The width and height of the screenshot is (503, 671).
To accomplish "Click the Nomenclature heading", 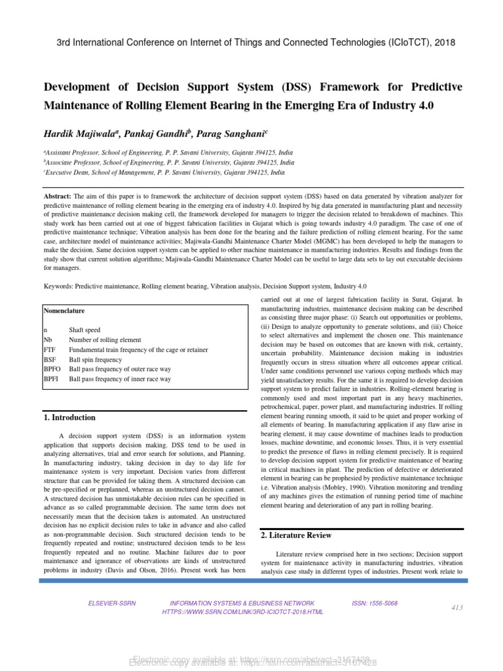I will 64,311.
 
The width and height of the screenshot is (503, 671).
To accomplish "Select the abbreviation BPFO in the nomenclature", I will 52,370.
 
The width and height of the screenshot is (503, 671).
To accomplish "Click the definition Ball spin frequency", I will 95,360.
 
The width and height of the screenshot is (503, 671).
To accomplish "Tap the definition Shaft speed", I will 84,330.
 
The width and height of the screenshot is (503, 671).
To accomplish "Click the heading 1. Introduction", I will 69,417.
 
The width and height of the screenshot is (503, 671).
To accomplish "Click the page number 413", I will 456,607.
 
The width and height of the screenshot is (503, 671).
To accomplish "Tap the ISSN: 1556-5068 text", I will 374,603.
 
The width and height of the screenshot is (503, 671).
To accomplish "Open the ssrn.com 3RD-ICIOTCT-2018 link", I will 242,612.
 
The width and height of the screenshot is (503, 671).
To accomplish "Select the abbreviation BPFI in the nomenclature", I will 51,379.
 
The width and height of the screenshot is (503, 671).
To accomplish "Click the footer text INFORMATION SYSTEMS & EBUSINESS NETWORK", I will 242,603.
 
